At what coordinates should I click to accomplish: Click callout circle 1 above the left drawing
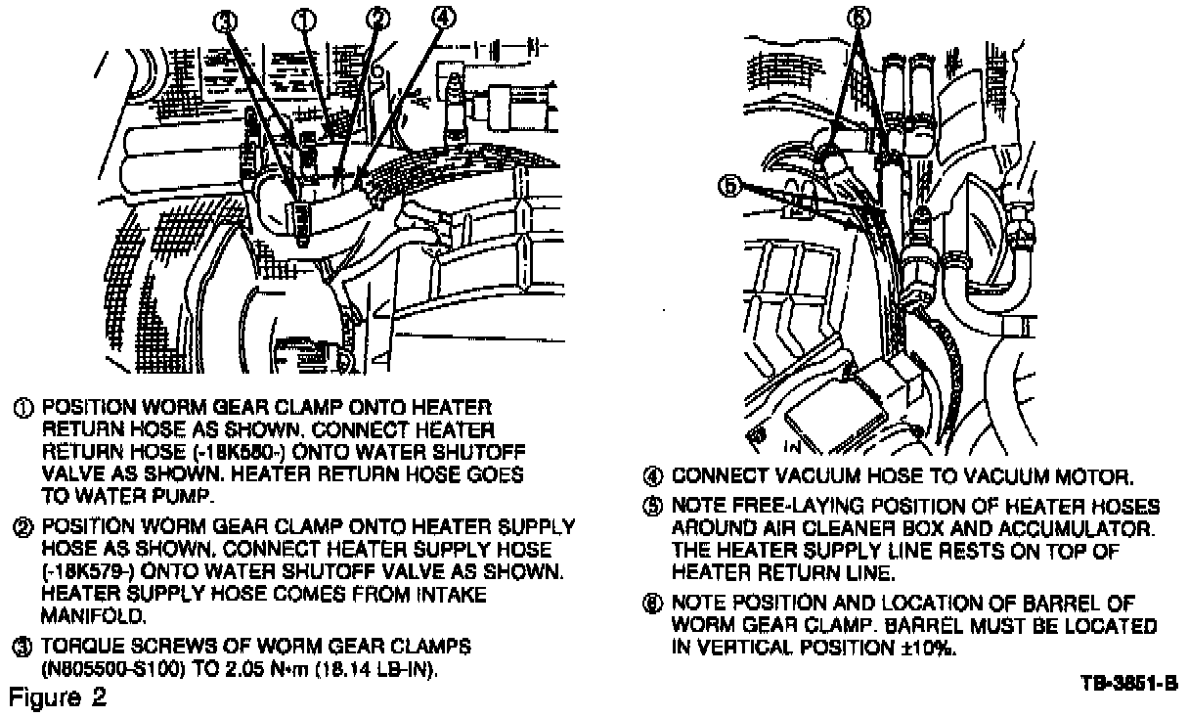point(306,19)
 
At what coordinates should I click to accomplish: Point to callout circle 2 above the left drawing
point(377,19)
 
